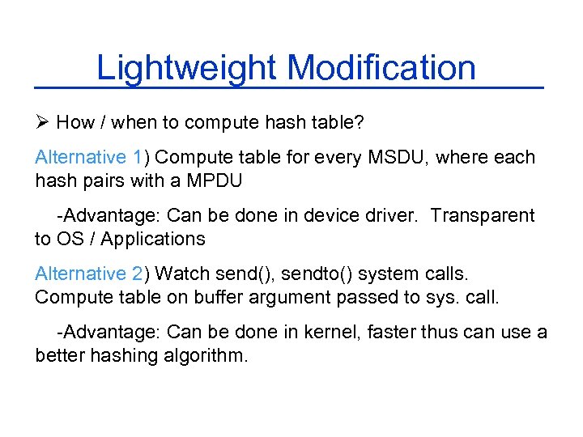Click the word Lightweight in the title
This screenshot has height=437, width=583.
tap(187, 68)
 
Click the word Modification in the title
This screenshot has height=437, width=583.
tap(381, 68)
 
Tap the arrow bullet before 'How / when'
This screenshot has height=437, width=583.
tap(43, 123)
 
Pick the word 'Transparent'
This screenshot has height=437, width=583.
tap(483, 215)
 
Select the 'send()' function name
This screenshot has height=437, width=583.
tap(250, 274)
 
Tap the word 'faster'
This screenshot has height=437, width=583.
tap(428, 333)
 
